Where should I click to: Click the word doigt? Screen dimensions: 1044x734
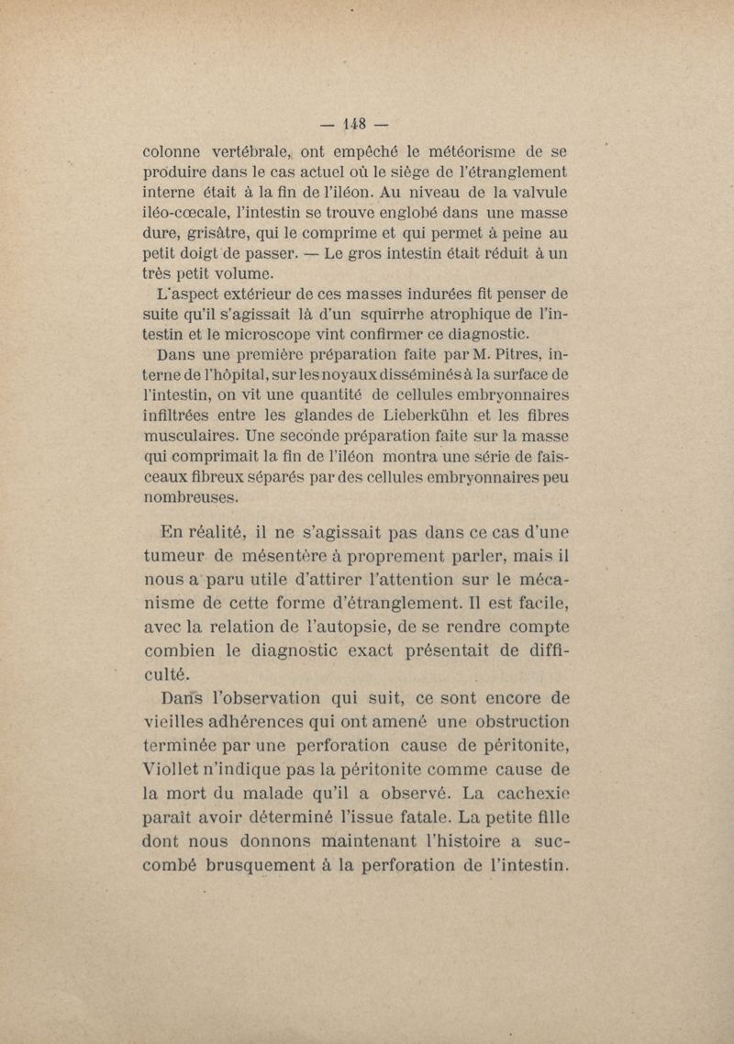213,252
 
